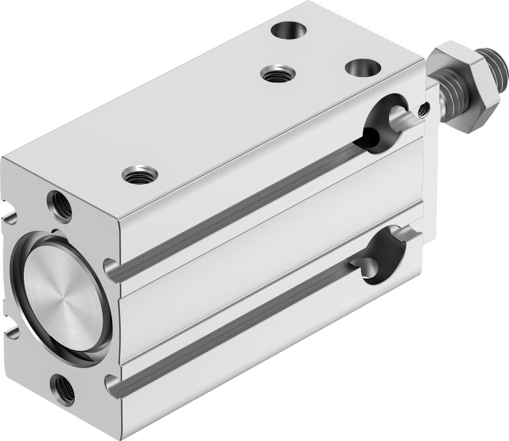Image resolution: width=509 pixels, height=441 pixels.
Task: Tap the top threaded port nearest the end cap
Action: click(x=140, y=175)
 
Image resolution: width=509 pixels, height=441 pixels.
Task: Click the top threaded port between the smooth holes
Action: click(x=278, y=74)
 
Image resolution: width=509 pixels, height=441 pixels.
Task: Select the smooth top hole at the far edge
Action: click(x=289, y=30)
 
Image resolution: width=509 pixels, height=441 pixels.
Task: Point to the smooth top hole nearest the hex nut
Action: click(x=362, y=67)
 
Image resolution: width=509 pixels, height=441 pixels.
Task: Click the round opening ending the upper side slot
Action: click(x=385, y=124)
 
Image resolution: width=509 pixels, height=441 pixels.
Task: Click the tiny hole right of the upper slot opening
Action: click(x=423, y=110)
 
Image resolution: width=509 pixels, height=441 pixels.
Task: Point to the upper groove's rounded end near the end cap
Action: click(x=112, y=271)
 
